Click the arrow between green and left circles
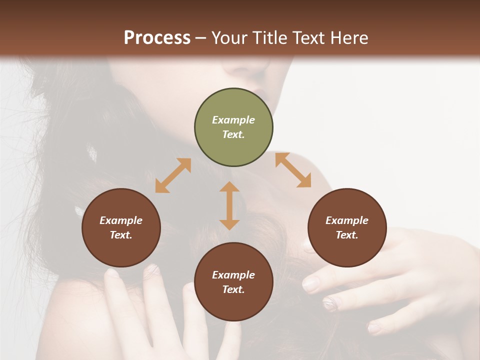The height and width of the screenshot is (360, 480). [173, 175]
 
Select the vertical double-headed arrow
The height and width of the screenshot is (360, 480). [229, 205]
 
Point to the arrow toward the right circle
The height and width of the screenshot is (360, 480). [293, 170]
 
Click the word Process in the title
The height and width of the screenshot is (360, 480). [157, 37]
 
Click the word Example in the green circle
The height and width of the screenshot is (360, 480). [233, 120]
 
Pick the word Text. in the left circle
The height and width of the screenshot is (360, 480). [121, 235]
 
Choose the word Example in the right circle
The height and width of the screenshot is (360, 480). [347, 220]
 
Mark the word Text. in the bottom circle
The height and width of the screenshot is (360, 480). [233, 289]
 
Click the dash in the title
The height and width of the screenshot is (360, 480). [201, 38]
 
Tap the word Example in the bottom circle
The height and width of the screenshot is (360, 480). [233, 275]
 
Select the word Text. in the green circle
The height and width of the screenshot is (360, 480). [233, 134]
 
